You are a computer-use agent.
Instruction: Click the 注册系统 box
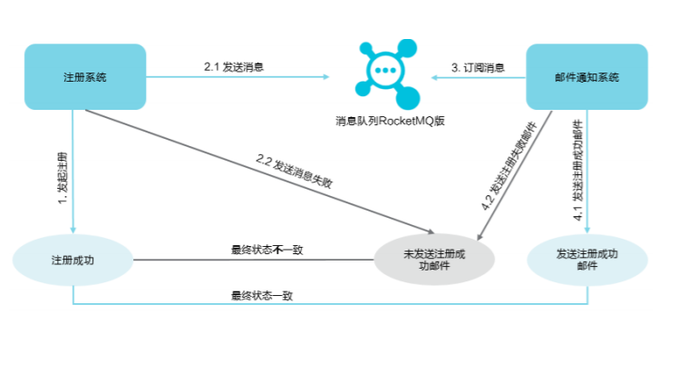[85, 77]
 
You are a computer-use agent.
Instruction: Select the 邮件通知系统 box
[586, 77]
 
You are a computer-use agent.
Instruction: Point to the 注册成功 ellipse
[73, 261]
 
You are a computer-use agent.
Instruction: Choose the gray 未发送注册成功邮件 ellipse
[435, 261]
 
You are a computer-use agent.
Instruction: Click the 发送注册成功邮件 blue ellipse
[586, 261]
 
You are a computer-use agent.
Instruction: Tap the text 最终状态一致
[262, 295]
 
